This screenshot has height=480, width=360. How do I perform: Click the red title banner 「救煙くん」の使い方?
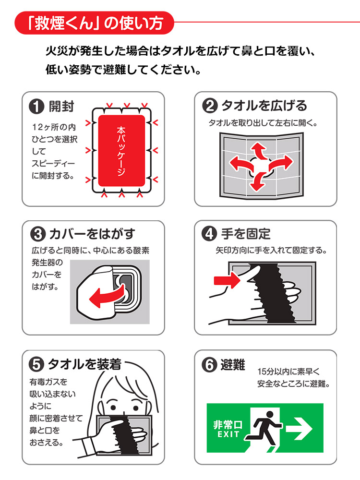click(x=94, y=23)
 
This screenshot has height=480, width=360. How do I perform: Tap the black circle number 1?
click(x=36, y=107)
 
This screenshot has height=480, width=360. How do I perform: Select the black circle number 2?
click(x=208, y=106)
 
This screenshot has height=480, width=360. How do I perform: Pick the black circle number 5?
click(x=36, y=364)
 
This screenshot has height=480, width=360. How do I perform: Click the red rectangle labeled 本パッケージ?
click(x=121, y=151)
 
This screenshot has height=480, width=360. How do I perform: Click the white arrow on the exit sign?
click(x=300, y=428)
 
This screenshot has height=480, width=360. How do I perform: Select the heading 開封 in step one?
click(x=61, y=107)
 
